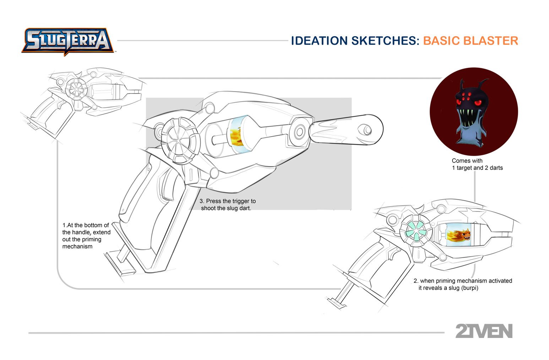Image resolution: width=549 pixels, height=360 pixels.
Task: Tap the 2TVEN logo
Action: point(484,331)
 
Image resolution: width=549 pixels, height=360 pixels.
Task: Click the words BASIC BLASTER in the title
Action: point(470,41)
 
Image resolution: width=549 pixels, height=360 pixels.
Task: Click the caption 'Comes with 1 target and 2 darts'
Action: point(477,164)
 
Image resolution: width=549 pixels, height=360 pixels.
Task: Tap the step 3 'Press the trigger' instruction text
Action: point(227,205)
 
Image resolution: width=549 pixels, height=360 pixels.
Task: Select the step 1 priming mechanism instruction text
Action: point(86,236)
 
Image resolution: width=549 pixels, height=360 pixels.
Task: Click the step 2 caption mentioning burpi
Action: point(462,284)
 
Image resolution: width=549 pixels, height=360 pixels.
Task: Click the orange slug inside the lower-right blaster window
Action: point(460,233)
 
